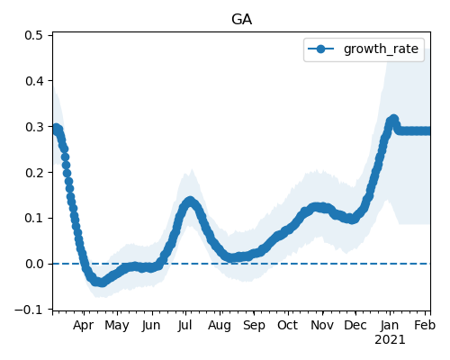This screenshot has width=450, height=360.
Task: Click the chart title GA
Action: click(x=241, y=20)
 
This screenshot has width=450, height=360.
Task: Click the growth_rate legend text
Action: click(x=381, y=49)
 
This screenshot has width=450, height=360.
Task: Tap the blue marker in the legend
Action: click(x=320, y=49)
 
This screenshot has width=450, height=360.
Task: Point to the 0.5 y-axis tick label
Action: click(x=33, y=35)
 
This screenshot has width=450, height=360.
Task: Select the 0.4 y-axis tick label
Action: click(x=33, y=81)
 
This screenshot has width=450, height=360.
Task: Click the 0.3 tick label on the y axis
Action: click(x=33, y=127)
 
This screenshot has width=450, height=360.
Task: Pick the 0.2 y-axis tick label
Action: click(x=33, y=173)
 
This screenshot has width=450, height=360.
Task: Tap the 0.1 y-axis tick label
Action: click(x=33, y=218)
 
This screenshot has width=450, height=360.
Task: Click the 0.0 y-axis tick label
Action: click(x=33, y=264)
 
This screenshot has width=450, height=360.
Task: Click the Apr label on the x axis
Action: click(x=83, y=326)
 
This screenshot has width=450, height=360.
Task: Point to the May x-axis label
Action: click(x=117, y=326)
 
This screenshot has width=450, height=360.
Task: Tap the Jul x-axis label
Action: click(x=184, y=326)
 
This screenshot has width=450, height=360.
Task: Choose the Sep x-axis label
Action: click(x=254, y=326)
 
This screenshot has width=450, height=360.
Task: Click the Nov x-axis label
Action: click(x=322, y=326)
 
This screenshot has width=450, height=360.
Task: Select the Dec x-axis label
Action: click(x=355, y=326)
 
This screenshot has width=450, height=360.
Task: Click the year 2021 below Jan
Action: click(x=390, y=340)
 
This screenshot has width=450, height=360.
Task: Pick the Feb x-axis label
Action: click(x=425, y=326)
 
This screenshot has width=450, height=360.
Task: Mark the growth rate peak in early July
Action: click(x=190, y=202)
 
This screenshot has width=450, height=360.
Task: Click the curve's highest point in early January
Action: click(x=393, y=120)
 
